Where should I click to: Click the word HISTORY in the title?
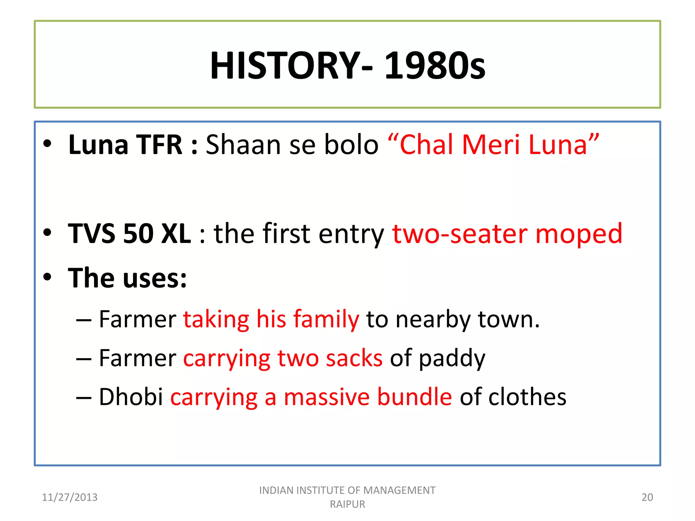(285, 65)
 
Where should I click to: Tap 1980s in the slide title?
(435, 65)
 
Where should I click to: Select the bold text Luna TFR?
(126, 145)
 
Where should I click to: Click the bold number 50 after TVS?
(138, 234)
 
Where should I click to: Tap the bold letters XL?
(176, 234)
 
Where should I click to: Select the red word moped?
(579, 234)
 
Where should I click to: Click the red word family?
(326, 320)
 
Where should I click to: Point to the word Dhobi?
(131, 397)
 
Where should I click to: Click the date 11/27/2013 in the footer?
(70, 497)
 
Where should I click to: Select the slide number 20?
(647, 497)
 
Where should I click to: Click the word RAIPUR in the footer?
(347, 504)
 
